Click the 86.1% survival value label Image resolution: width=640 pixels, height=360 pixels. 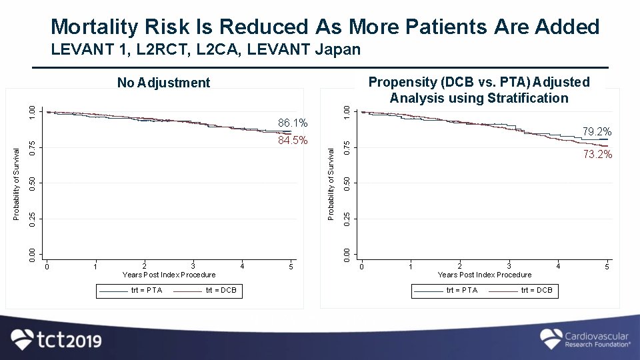(x=293, y=123)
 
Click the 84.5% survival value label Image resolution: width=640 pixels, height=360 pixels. (x=293, y=141)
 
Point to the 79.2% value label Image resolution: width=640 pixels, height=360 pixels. (x=597, y=131)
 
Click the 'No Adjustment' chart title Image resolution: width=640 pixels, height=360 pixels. (x=163, y=83)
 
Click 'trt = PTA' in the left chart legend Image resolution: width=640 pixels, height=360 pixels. (x=145, y=290)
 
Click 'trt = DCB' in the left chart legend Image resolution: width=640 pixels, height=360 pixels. (x=221, y=290)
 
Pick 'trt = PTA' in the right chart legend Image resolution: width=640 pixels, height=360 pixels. (x=462, y=290)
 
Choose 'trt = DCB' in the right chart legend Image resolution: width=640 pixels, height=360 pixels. (x=537, y=290)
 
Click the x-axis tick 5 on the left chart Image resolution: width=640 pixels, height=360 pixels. (x=291, y=267)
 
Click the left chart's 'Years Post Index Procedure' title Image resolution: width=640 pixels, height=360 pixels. (x=169, y=275)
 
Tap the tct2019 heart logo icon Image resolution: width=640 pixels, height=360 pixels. (x=22, y=339)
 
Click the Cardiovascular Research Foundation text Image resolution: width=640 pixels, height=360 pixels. (x=597, y=339)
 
